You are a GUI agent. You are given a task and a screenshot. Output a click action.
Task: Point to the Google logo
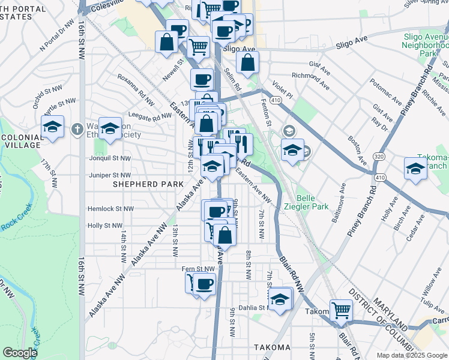[20, 353]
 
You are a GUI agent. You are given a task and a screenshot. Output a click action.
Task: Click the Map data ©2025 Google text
[412, 355]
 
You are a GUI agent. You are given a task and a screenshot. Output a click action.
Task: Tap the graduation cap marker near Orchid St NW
[53, 127]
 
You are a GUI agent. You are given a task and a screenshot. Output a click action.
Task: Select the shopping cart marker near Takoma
[341, 310]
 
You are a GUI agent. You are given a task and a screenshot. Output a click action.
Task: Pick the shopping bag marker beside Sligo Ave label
[247, 62]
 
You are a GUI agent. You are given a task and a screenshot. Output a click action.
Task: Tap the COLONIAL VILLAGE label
[22, 142]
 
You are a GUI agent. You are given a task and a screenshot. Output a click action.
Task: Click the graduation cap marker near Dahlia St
[280, 299]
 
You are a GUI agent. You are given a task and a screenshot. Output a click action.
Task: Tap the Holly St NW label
[106, 226]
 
